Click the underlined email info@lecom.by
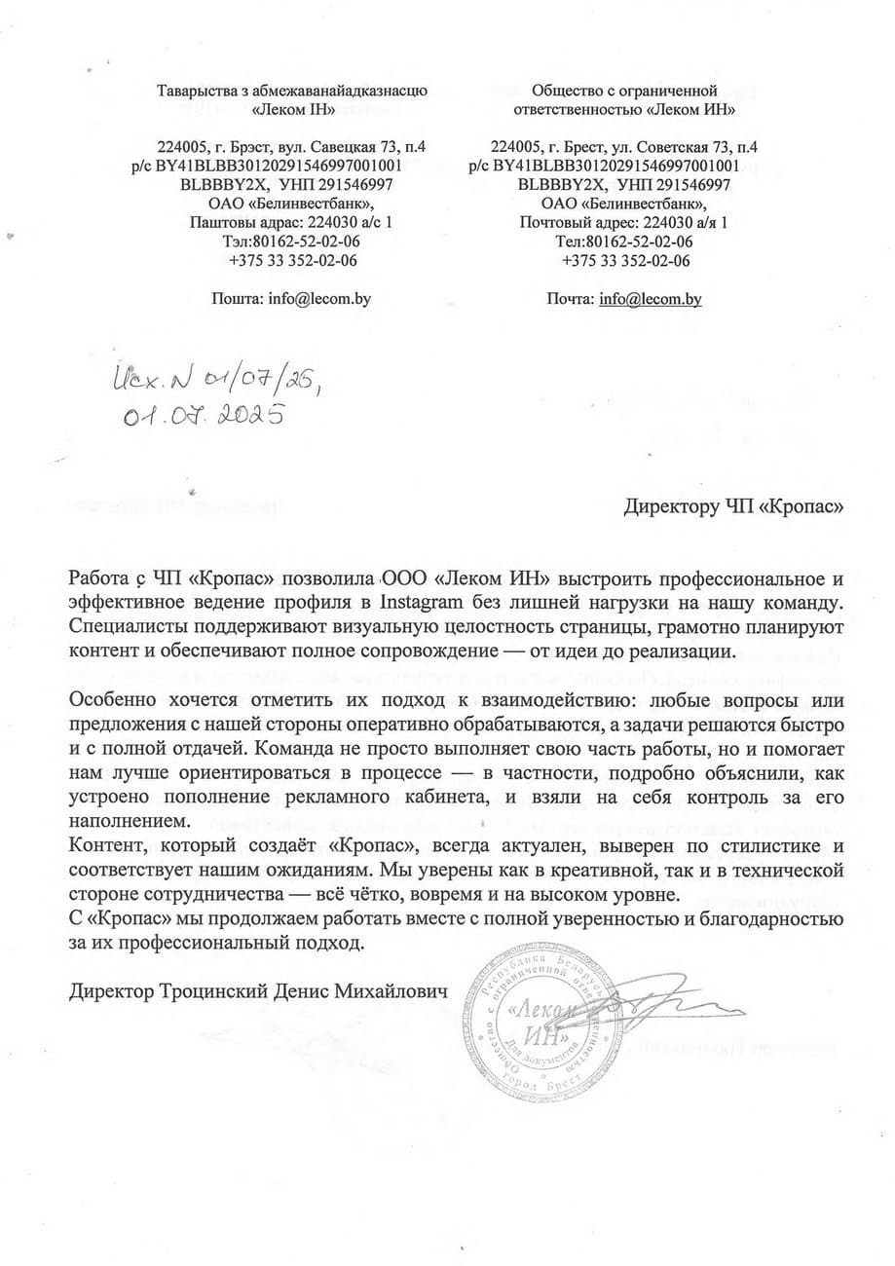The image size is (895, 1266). [651, 299]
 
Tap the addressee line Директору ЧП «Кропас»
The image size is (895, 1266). [732, 506]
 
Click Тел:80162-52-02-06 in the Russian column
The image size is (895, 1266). [625, 242]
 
